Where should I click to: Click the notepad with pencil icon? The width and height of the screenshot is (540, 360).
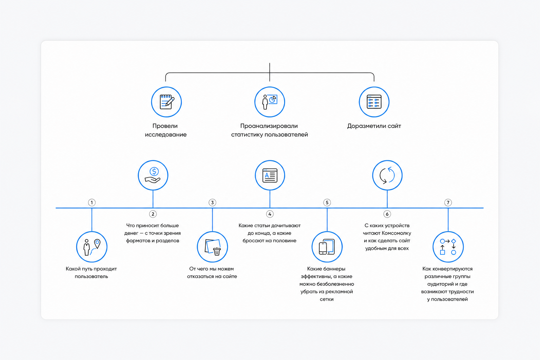[167, 102]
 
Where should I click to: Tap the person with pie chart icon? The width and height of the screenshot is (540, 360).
[270, 102]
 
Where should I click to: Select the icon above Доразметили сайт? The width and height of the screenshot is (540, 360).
[374, 102]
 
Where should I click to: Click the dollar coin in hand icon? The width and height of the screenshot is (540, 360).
[153, 175]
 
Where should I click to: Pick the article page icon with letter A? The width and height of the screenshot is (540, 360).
[270, 175]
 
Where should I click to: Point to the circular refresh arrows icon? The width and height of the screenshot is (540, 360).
[387, 175]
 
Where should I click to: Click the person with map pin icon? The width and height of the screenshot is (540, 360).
[92, 247]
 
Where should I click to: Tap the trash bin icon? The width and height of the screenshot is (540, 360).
[212, 247]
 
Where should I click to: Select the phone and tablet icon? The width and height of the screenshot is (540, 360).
[327, 247]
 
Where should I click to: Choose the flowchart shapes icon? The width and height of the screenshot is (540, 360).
[448, 247]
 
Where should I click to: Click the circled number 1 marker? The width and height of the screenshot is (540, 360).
[92, 202]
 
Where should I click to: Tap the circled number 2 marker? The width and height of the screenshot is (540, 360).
[153, 214]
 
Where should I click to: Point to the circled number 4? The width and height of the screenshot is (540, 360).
[270, 214]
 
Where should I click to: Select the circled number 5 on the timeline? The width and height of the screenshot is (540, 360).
[327, 202]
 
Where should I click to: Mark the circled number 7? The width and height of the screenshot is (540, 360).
[448, 202]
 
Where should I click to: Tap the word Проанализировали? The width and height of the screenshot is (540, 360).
[269, 126]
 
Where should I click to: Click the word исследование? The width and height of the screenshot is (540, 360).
[166, 135]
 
